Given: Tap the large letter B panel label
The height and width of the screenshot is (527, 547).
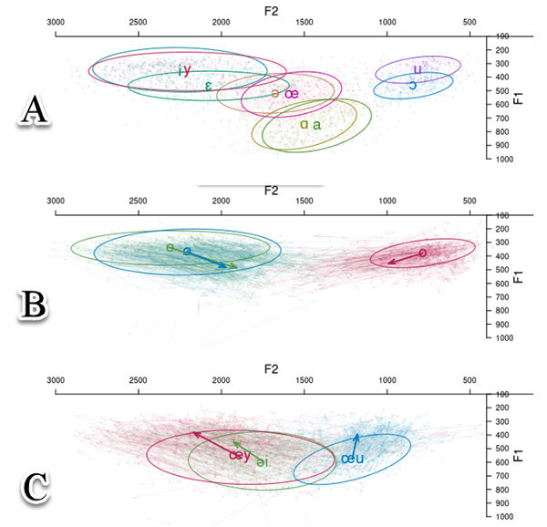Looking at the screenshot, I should [x=36, y=304].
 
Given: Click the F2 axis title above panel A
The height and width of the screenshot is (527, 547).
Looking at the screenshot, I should [x=271, y=10].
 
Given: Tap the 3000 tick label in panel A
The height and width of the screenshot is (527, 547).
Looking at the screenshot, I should [x=56, y=22].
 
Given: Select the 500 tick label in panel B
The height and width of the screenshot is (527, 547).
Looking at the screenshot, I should [x=470, y=201].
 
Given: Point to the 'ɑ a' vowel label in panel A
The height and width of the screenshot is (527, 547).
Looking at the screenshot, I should [x=310, y=125].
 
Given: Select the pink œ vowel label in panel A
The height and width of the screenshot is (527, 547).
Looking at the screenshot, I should [x=291, y=93].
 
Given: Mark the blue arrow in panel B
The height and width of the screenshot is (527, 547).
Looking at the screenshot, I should [x=211, y=259].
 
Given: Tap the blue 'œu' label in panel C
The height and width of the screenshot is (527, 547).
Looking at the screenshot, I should [x=352, y=460].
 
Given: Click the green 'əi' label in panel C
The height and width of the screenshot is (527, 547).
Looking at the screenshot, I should [x=259, y=461].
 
